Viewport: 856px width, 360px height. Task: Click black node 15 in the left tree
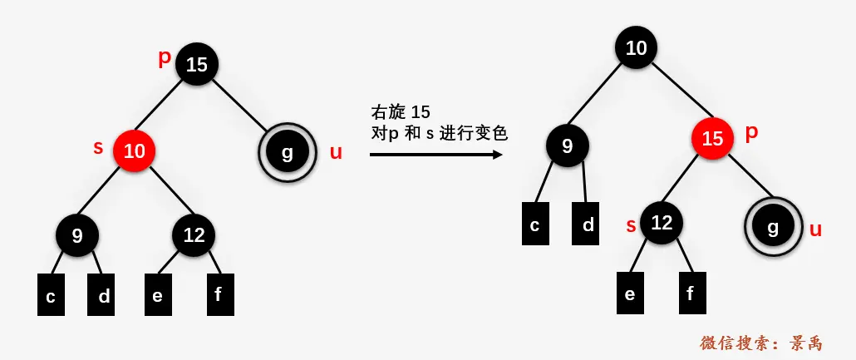pyautogui.click(x=197, y=64)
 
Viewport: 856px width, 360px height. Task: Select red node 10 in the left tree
pyautogui.click(x=135, y=150)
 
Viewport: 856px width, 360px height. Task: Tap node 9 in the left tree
pyautogui.click(x=77, y=235)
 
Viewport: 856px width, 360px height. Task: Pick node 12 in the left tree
pyautogui.click(x=194, y=235)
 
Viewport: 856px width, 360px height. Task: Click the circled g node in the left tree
pyautogui.click(x=288, y=152)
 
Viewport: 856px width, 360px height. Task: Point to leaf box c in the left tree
pyautogui.click(x=51, y=294)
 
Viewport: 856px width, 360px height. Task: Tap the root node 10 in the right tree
pyautogui.click(x=637, y=47)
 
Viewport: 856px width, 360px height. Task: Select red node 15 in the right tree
pyautogui.click(x=712, y=138)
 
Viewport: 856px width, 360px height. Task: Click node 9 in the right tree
pyautogui.click(x=568, y=146)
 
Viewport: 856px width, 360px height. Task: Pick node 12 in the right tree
pyautogui.click(x=662, y=222)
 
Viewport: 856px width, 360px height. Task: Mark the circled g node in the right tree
pyautogui.click(x=773, y=227)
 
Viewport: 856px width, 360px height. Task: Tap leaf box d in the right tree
pyautogui.click(x=588, y=224)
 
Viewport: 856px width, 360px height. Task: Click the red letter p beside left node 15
pyautogui.click(x=164, y=58)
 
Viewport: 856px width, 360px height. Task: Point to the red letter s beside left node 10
pyautogui.click(x=98, y=148)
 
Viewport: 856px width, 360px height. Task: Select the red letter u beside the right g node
pyautogui.click(x=815, y=229)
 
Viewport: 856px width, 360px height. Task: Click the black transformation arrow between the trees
pyautogui.click(x=435, y=154)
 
